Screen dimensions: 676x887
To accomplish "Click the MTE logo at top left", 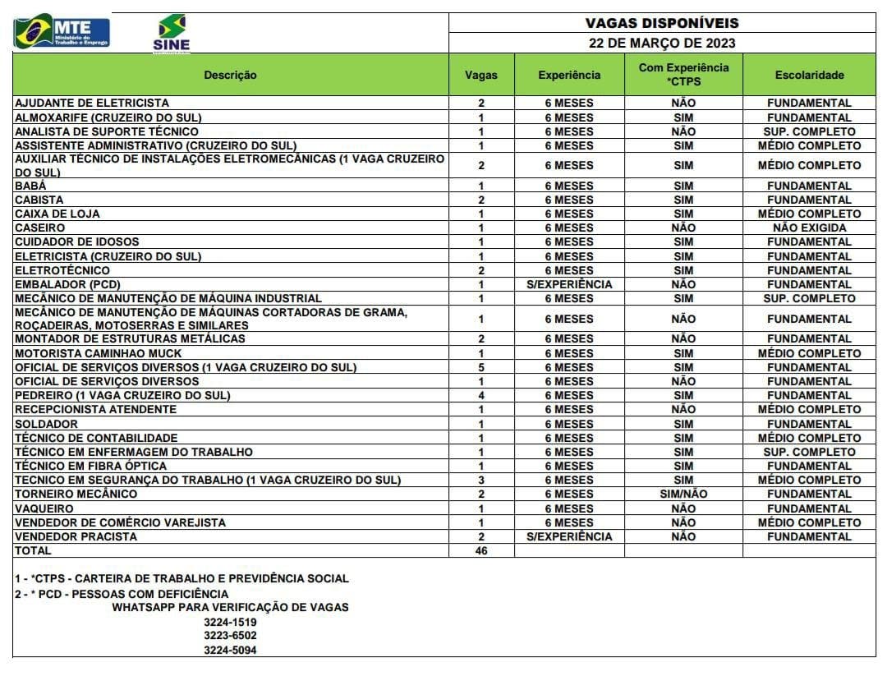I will point(62,32).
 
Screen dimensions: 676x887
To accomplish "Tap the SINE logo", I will point(171,33).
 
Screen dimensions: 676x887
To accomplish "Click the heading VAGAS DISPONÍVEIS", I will point(662,23).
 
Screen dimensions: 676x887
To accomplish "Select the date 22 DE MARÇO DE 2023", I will point(662,43).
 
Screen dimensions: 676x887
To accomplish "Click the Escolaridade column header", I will point(809,75).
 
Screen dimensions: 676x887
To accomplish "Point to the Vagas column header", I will point(481,75).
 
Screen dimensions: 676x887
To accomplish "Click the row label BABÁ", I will point(31,186).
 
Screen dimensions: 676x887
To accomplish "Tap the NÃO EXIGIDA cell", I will point(809,228).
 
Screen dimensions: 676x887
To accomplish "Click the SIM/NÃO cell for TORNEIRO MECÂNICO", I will point(682,494).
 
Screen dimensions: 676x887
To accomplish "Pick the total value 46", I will point(481,551).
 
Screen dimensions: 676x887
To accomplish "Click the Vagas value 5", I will point(481,367).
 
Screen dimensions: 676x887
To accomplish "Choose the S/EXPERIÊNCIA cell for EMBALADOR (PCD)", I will point(569,284).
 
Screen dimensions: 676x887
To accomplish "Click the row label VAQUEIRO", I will point(44,508).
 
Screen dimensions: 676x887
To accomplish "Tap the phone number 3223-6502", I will point(231,636).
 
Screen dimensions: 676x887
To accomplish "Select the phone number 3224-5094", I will point(231,650).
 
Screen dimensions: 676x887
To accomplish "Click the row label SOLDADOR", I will point(47,424).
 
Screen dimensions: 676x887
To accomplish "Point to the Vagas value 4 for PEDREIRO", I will point(481,395).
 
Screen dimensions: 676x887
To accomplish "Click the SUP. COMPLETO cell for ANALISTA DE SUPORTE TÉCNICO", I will point(809,131).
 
